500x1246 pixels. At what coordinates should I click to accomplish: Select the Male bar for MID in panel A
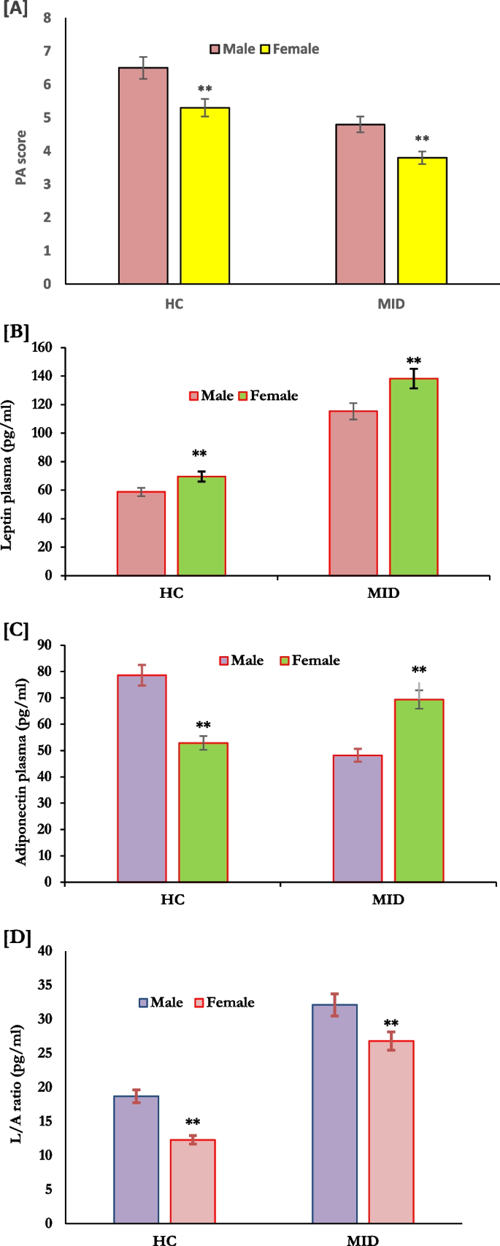click(x=360, y=204)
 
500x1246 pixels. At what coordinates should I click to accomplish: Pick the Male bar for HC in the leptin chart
click(x=141, y=533)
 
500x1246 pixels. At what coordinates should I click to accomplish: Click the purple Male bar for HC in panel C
click(x=142, y=778)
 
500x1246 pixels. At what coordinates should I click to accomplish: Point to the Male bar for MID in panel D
click(x=334, y=1113)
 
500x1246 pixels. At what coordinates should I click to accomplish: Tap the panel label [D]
click(x=18, y=938)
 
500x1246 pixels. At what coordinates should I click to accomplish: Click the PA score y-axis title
click(x=21, y=157)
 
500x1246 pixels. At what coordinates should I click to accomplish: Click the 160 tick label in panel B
click(x=42, y=347)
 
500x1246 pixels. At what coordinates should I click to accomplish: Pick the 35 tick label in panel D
click(x=45, y=985)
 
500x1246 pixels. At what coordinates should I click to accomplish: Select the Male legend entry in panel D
click(x=161, y=1002)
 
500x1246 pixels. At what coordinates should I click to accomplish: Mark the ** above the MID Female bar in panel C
click(x=419, y=670)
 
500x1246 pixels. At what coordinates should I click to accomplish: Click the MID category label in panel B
click(x=383, y=593)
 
